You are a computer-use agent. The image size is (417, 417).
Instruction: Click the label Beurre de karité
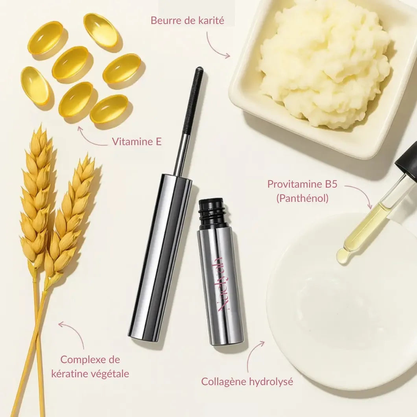[187, 20]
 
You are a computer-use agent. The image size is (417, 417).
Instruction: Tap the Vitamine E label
[137, 142]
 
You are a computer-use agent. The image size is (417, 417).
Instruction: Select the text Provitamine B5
[302, 184]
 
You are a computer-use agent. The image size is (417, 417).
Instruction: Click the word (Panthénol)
[302, 199]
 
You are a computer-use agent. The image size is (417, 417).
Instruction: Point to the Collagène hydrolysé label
[247, 381]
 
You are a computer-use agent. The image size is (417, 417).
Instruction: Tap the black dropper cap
[407, 159]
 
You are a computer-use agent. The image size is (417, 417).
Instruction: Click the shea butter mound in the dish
[325, 63]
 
